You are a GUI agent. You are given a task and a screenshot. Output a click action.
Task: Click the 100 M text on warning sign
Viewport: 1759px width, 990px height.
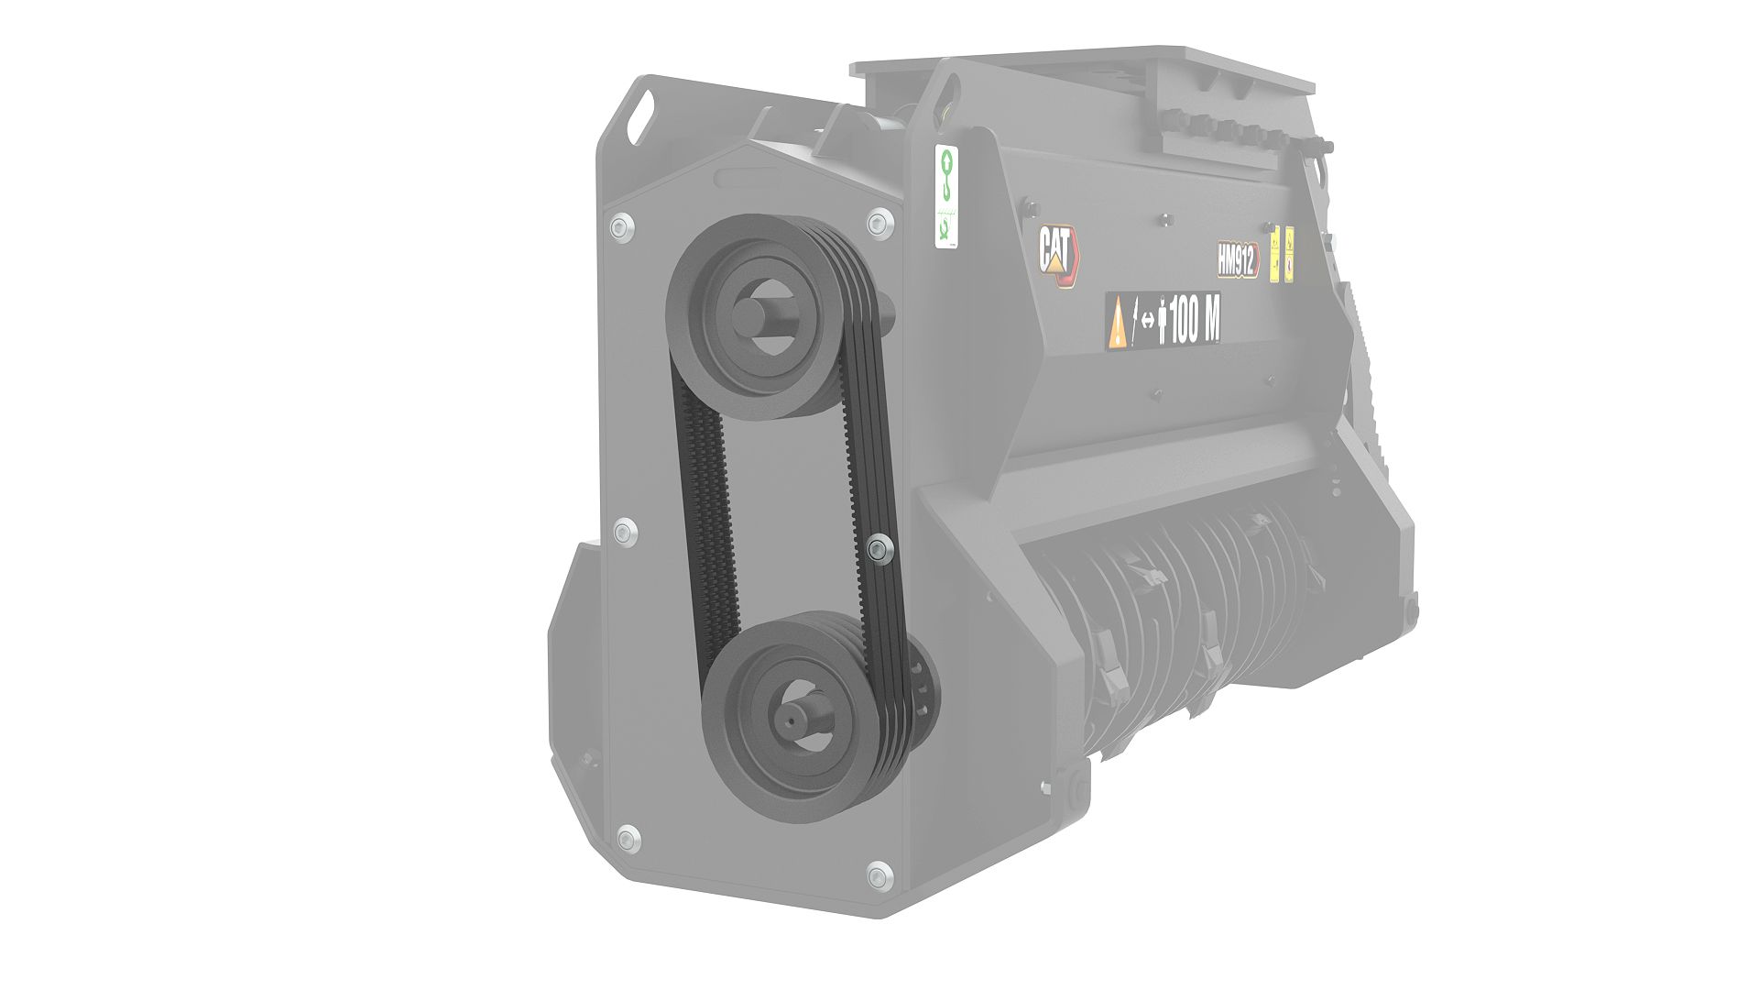1195,324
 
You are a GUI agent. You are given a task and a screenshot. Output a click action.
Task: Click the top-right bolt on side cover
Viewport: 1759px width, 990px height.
879,221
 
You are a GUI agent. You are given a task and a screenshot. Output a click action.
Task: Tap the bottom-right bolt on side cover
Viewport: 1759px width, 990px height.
878,875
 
